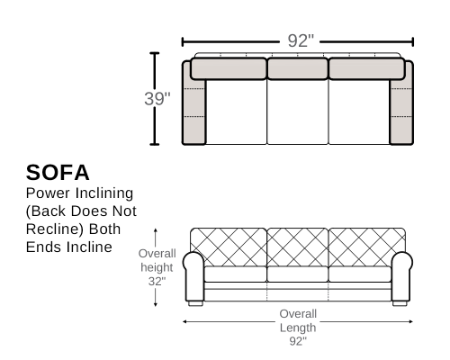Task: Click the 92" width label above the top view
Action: (301, 40)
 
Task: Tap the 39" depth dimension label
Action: (157, 99)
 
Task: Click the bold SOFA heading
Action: (58, 173)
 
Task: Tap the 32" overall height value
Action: (157, 281)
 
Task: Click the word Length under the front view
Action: (298, 328)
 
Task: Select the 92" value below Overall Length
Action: (298, 341)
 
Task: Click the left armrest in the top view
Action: (193, 103)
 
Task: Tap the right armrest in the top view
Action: (401, 103)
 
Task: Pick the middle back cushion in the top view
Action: (298, 68)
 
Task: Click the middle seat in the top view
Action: (298, 112)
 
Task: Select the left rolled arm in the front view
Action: (194, 276)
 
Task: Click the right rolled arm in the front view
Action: (401, 276)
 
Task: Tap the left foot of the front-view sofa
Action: (195, 303)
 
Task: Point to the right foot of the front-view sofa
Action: (400, 303)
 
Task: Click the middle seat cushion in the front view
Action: (298, 274)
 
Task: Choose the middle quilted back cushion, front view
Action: (298, 247)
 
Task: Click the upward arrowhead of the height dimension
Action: (156, 230)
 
